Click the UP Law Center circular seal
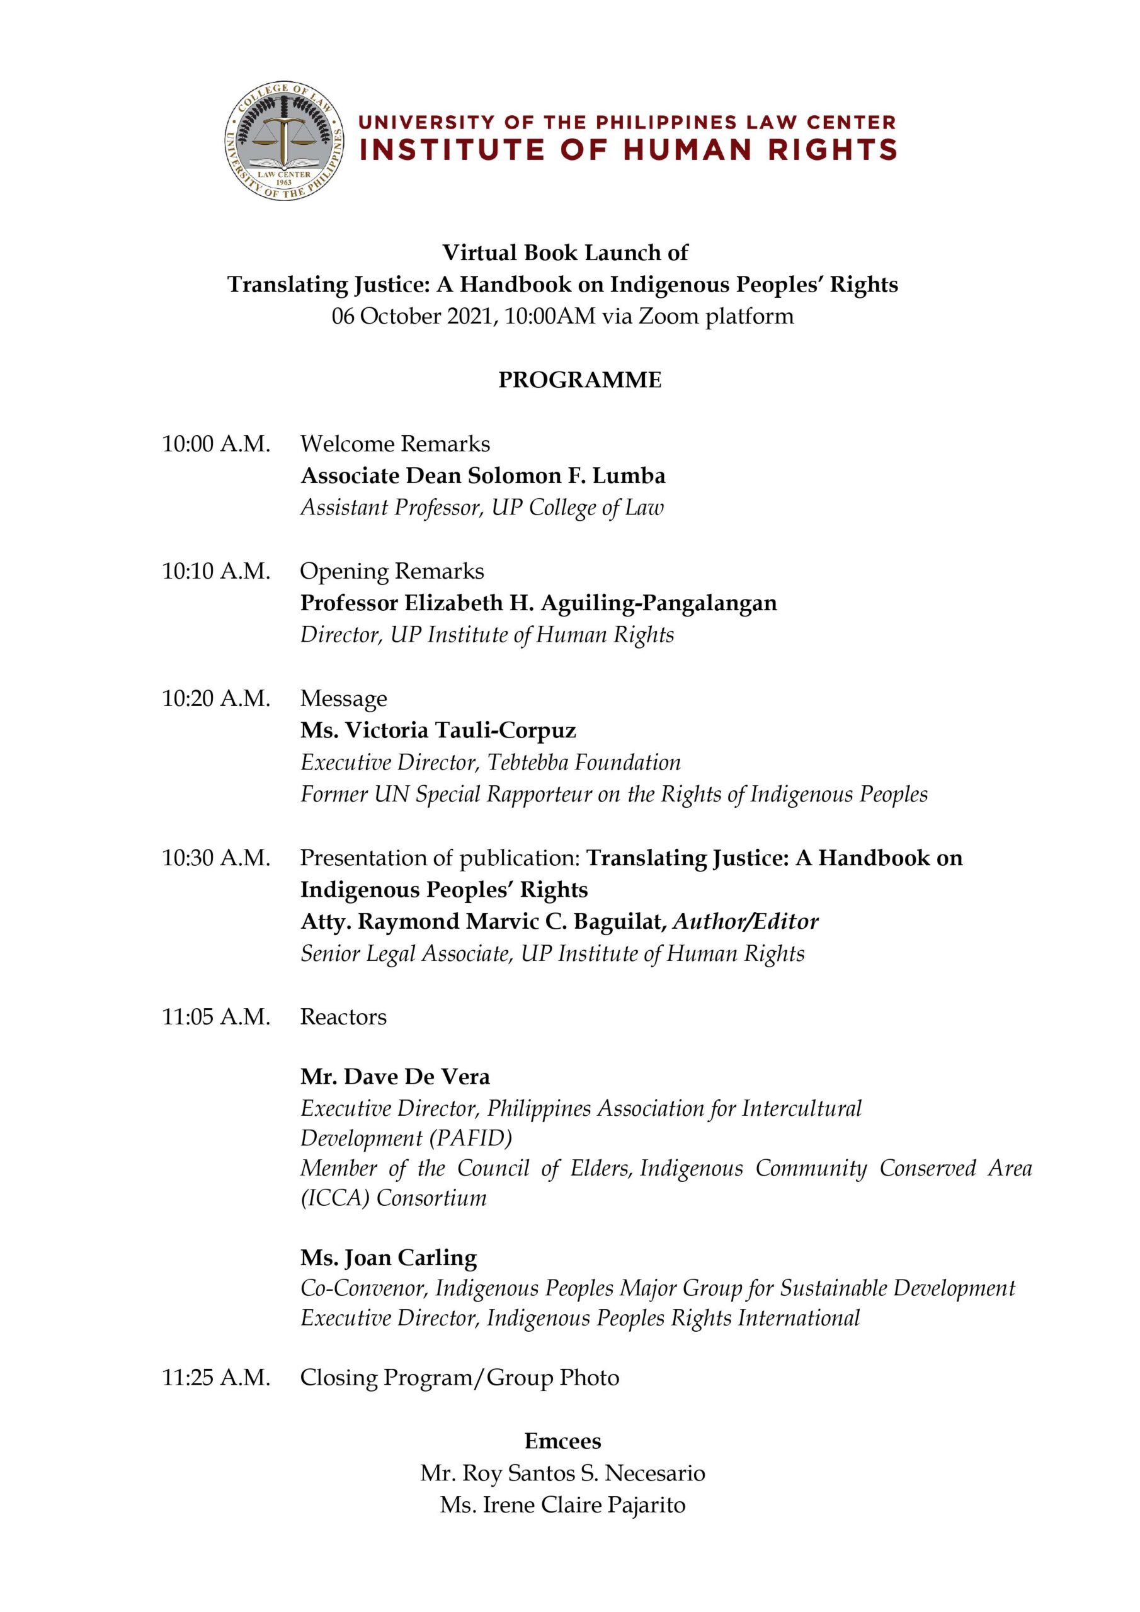point(285,140)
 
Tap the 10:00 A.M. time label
point(215,444)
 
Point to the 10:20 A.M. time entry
point(215,698)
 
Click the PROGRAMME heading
point(579,380)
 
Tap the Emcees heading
point(562,1441)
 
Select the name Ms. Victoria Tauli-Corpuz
point(438,730)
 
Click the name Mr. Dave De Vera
point(395,1076)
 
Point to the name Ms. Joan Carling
point(389,1257)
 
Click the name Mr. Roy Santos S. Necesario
point(562,1473)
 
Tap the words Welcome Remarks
point(395,444)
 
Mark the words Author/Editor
point(745,921)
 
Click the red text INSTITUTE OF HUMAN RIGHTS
point(628,149)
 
